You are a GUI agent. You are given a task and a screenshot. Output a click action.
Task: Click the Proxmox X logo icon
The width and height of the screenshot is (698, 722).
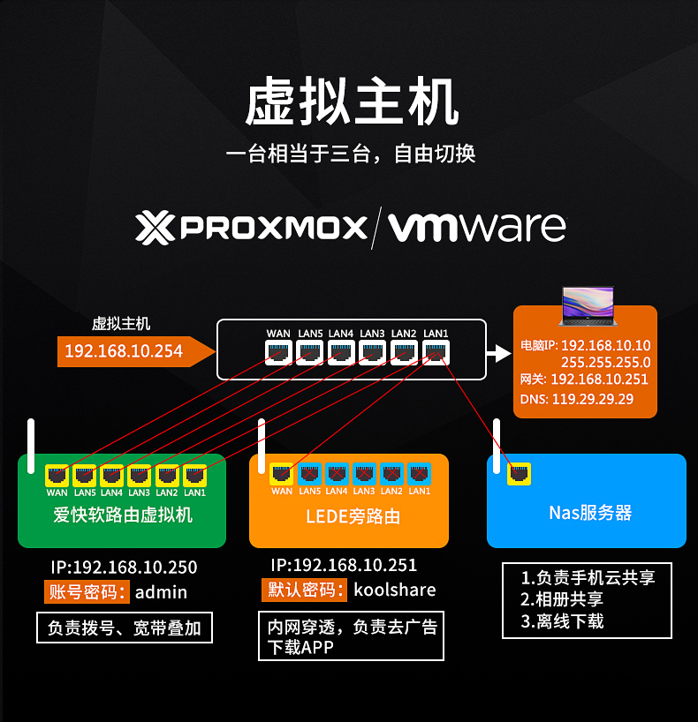click(x=155, y=228)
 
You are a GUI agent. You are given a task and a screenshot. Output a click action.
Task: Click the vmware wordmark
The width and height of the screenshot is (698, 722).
click(x=477, y=227)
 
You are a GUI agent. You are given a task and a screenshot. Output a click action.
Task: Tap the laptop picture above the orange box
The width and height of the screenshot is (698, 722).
click(x=588, y=306)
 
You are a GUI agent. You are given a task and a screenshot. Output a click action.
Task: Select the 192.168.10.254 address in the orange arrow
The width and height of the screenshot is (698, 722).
click(x=124, y=351)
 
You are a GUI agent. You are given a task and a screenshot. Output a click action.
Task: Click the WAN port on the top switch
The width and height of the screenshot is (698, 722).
click(x=278, y=353)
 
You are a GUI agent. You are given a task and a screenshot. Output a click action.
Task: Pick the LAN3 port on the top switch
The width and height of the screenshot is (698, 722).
click(x=372, y=353)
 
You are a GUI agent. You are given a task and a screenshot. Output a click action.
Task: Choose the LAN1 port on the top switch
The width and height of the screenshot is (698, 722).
click(x=436, y=353)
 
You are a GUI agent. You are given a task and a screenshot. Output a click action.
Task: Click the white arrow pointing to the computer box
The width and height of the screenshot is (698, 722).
click(x=499, y=354)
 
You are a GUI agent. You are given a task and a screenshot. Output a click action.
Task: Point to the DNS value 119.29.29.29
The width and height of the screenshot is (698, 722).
click(x=593, y=399)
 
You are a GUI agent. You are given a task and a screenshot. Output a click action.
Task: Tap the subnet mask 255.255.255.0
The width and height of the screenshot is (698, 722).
click(x=606, y=363)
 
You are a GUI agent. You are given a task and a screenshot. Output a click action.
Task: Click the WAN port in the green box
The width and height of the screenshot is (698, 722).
click(x=57, y=476)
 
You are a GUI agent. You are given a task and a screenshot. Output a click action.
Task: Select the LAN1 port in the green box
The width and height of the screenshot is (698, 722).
click(x=194, y=476)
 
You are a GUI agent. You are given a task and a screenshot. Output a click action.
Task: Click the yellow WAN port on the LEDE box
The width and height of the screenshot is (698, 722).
click(x=281, y=474)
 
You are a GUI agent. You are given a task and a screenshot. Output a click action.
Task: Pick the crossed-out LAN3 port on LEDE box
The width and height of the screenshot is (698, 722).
click(x=364, y=474)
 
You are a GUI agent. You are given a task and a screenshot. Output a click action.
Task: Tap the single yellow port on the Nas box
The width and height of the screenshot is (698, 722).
click(x=520, y=474)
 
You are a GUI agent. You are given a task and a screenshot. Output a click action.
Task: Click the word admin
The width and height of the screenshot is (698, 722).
click(x=161, y=592)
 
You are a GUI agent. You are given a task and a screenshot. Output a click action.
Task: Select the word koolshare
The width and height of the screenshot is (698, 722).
click(x=395, y=590)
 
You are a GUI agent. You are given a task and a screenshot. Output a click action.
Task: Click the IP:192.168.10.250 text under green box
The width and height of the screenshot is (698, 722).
click(x=124, y=568)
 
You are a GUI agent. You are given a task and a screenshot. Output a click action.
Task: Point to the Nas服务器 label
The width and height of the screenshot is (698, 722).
click(x=590, y=513)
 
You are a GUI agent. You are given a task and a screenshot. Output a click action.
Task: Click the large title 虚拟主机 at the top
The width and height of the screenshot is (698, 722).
click(x=352, y=102)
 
